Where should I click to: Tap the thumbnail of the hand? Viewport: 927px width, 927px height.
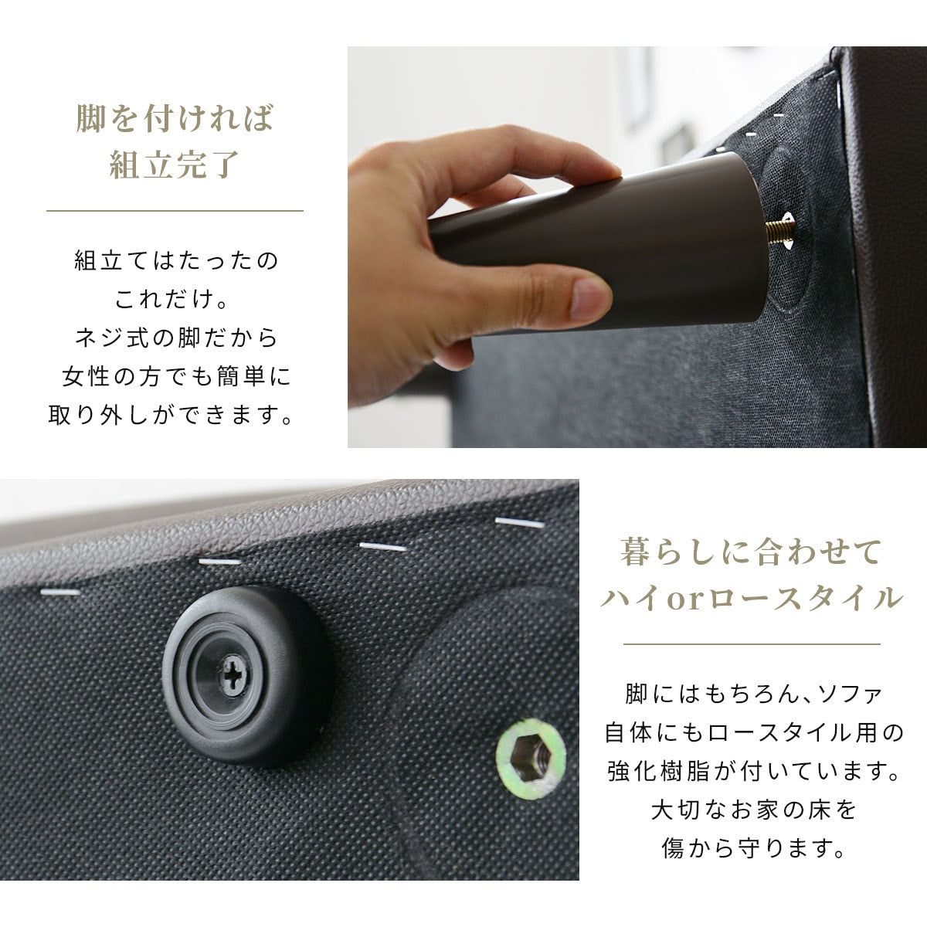589,298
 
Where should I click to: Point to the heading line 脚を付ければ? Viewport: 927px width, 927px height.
175,117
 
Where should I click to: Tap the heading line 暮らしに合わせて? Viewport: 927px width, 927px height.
751,552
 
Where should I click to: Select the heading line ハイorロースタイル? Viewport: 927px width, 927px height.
751,599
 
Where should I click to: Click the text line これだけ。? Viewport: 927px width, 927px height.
171,299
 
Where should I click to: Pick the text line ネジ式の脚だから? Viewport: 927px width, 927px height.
176,338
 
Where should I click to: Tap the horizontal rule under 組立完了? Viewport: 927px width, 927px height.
175,211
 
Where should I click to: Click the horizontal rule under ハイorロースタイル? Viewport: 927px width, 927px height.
752,644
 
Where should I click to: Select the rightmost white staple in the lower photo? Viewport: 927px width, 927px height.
520,522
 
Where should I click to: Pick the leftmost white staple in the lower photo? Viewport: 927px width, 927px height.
60,593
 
